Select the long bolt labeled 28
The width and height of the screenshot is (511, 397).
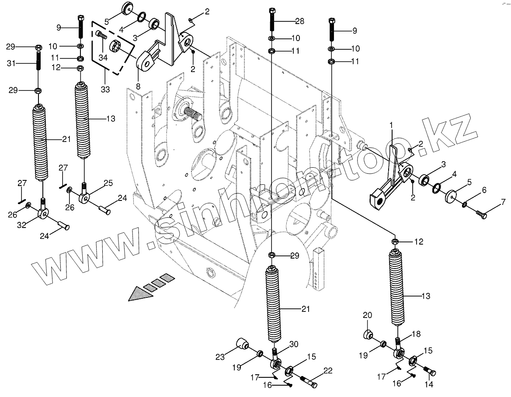point(272,19)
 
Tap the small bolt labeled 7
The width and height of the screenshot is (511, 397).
point(480,214)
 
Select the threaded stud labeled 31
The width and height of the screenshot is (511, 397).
point(38,60)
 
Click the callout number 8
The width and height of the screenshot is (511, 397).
point(138,86)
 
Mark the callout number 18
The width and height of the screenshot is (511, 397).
point(416,334)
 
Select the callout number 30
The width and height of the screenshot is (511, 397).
point(293,344)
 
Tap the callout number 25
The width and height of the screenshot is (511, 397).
point(108,182)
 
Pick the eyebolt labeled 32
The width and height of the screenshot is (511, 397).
point(43,212)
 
